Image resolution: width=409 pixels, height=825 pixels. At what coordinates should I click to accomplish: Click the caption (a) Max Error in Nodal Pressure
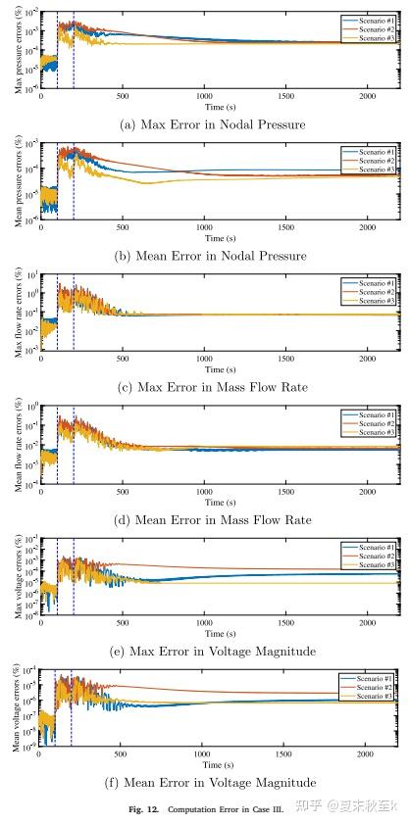tap(212, 124)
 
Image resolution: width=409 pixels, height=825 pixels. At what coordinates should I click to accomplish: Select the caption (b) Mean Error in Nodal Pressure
tap(212, 256)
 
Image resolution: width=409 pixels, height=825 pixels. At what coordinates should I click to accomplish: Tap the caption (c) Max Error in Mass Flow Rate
tap(212, 387)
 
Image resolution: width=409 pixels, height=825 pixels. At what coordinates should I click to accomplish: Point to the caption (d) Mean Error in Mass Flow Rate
tap(212, 519)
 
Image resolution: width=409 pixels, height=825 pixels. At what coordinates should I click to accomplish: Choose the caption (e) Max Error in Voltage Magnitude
tap(212, 652)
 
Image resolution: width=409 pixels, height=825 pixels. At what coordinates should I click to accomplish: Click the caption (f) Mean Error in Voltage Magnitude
tap(212, 783)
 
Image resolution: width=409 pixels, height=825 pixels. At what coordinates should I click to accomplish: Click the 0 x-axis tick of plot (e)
tap(41, 625)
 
